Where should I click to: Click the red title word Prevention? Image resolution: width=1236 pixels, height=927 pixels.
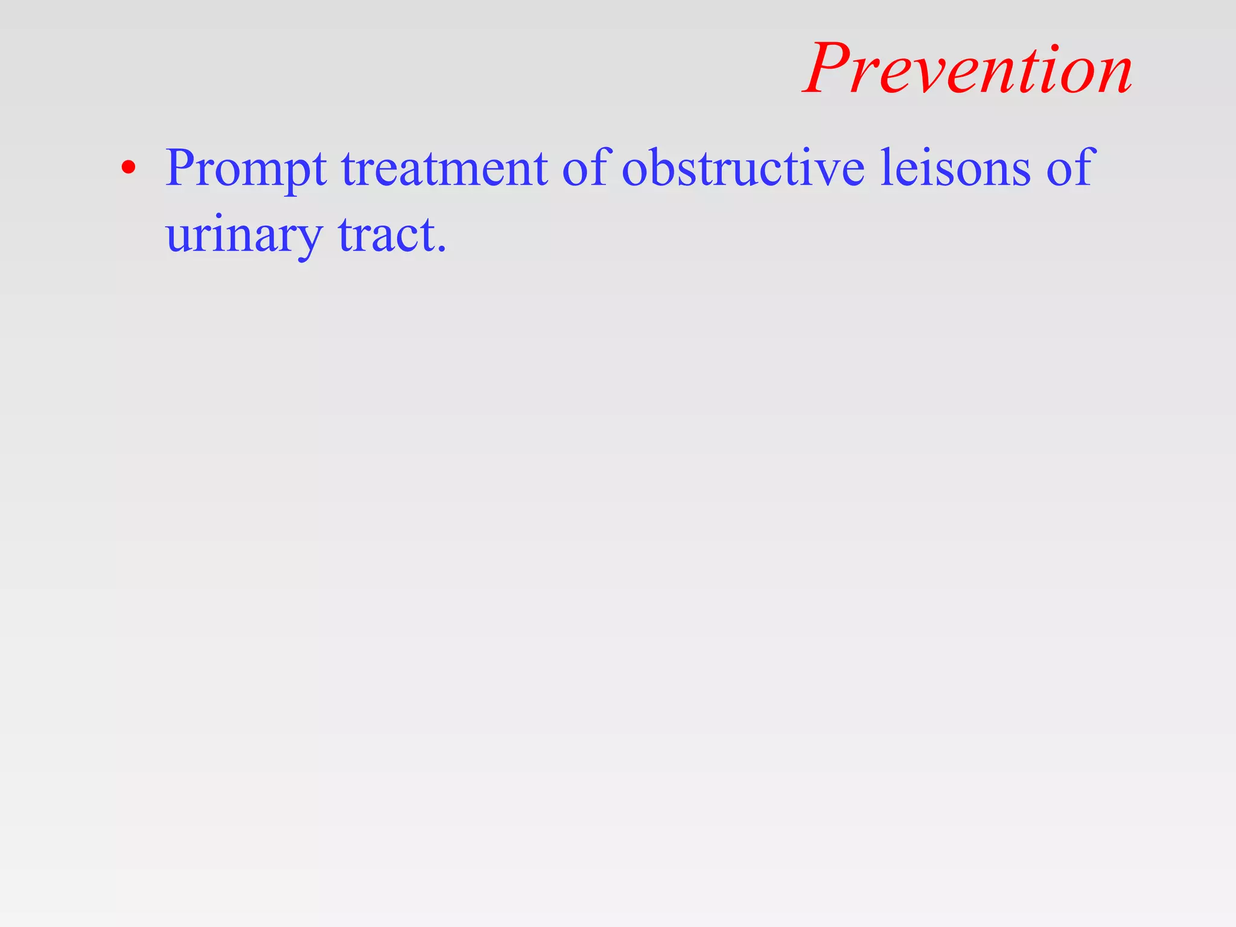point(969,69)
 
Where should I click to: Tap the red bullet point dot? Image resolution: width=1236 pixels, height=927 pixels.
point(127,168)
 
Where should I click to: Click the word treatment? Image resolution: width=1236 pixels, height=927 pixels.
point(445,168)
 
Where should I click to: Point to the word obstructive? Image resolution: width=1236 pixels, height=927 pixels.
point(743,168)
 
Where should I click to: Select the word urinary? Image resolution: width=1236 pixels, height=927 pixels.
point(244,235)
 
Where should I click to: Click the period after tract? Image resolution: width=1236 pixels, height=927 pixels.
point(442,249)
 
